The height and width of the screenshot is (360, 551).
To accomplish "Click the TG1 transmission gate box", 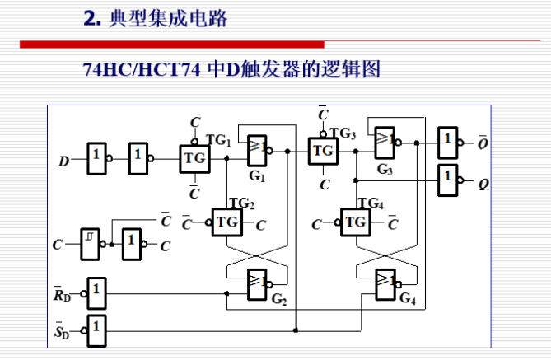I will click(194, 158).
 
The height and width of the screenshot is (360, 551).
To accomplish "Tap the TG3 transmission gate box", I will click(323, 151).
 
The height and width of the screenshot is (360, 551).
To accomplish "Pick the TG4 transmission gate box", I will click(355, 222).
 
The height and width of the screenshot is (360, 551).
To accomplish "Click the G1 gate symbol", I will click(257, 148).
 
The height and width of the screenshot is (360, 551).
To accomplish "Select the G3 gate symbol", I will click(384, 142).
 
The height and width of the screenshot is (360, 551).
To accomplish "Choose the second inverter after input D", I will click(138, 157).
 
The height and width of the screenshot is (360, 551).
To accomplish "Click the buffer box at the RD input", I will click(96, 291).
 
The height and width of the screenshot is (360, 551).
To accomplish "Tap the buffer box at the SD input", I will click(96, 330).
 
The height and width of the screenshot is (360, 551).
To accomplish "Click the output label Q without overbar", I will click(483, 183).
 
